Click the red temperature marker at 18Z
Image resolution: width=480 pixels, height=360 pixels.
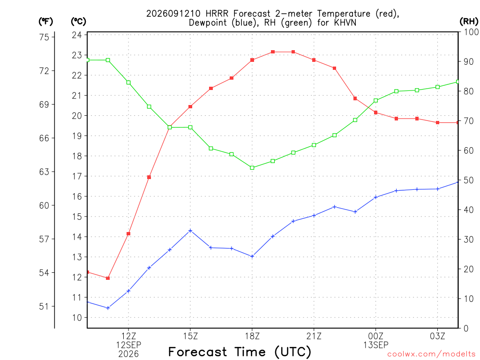[x=252, y=60]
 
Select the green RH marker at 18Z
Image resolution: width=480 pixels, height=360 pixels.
[x=252, y=168]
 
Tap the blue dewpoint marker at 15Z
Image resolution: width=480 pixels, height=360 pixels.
[x=190, y=231]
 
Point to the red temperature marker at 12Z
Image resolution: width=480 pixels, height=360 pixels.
[x=128, y=233]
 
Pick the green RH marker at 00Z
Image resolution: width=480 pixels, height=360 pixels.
[x=375, y=100]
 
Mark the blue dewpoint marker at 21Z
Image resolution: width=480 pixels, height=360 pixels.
[x=314, y=216]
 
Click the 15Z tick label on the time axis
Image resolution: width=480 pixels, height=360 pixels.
[x=190, y=336]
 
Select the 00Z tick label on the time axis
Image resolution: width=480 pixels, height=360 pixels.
[x=375, y=336]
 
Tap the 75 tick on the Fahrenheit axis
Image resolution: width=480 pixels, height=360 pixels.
[x=44, y=37]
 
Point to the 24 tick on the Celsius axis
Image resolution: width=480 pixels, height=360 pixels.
[x=77, y=35]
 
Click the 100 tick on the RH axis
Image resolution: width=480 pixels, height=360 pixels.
[x=471, y=32]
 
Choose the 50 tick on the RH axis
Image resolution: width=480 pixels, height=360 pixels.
[x=469, y=180]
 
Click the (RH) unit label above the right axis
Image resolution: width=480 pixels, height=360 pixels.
[x=469, y=21]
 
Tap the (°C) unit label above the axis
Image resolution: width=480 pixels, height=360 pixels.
[x=78, y=21]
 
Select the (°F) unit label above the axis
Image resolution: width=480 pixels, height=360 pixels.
[x=45, y=21]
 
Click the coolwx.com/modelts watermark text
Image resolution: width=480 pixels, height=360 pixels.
[x=431, y=354]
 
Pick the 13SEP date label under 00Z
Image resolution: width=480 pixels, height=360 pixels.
[x=375, y=345]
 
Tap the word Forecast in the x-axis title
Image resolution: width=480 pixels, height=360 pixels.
[x=197, y=352]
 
